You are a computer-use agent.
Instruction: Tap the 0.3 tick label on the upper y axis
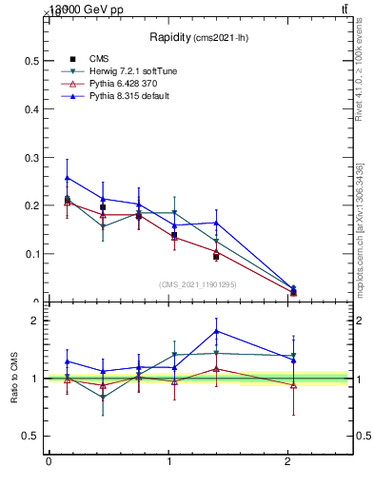click(x=30, y=157)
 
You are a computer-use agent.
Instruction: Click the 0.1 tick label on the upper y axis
click(x=30, y=254)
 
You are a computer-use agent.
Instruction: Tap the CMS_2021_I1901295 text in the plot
click(x=198, y=284)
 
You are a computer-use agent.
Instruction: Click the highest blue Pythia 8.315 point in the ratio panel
click(x=217, y=331)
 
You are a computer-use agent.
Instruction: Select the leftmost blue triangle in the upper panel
click(x=67, y=178)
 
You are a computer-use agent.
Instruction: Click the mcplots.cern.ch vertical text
click(x=361, y=228)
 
